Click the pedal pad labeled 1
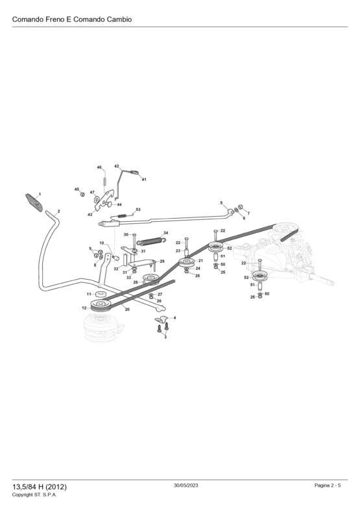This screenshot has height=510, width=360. click(34, 202)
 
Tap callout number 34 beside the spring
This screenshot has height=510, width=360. click(166, 233)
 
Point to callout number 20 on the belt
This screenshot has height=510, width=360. click(127, 310)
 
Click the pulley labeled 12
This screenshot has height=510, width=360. click(101, 305)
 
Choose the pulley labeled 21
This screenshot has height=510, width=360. click(187, 263)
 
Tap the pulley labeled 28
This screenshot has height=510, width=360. click(151, 279)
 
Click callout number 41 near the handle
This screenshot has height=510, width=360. click(144, 179)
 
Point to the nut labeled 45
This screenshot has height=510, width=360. click(82, 195)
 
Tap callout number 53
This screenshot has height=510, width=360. click(138, 210)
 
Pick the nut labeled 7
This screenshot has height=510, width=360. click(241, 207)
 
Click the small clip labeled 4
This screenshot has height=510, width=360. click(162, 319)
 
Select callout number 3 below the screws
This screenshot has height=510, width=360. click(165, 337)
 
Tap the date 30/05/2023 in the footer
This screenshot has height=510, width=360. click(186, 485)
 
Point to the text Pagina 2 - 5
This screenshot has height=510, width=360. click(328, 485)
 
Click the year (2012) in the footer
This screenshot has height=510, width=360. click(56, 487)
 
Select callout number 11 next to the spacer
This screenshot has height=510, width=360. click(89, 294)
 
